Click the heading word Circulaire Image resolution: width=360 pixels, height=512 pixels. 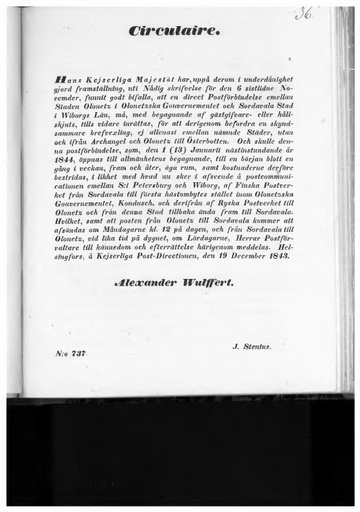174,31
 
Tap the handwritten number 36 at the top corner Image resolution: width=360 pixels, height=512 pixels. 303,13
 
